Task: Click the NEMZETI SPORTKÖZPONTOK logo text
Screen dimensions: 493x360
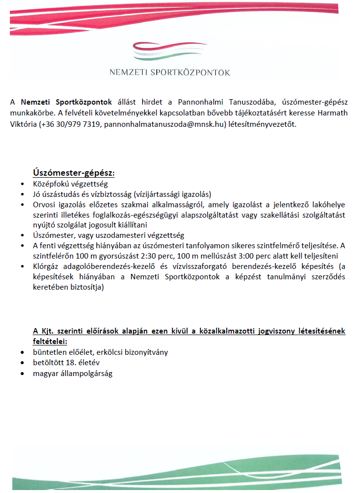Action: [x=170, y=73]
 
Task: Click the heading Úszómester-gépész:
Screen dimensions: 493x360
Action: [x=74, y=173]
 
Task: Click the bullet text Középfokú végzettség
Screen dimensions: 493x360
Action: [x=67, y=184]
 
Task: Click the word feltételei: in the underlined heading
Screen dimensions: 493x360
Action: [x=50, y=341]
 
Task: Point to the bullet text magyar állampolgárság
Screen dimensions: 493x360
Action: [x=73, y=373]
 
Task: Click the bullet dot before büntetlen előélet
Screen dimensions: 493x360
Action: [x=22, y=353]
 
